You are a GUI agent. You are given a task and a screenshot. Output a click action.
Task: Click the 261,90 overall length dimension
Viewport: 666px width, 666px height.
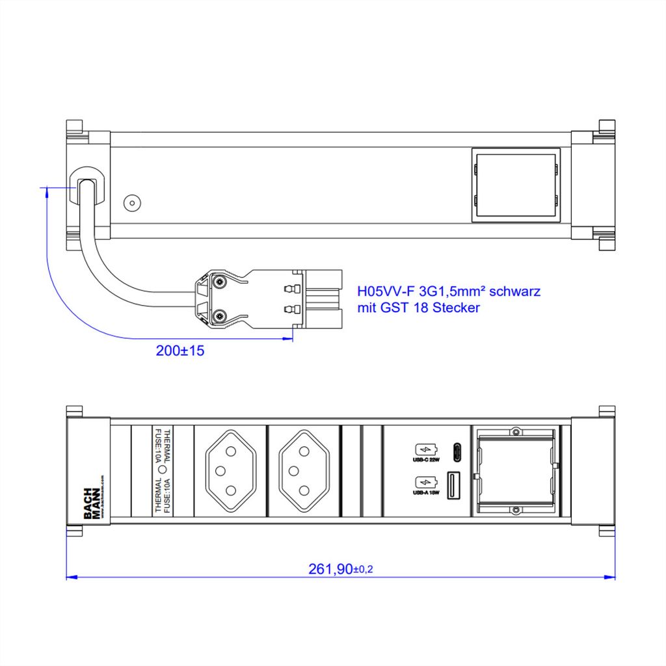pyautogui.click(x=340, y=569)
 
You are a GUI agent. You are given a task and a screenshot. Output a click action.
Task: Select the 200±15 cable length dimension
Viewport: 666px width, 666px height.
pyautogui.click(x=180, y=351)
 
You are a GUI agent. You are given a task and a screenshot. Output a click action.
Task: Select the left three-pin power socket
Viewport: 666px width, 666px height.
pyautogui.click(x=230, y=471)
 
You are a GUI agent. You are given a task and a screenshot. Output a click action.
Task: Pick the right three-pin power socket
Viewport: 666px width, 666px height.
pyautogui.click(x=303, y=471)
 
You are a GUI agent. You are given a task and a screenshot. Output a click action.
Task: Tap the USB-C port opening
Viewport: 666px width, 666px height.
pyautogui.click(x=456, y=450)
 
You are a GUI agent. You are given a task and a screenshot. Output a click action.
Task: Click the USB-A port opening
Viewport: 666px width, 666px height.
pyautogui.click(x=456, y=484)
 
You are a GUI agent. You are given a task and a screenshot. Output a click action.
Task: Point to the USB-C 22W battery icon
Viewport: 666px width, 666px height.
pyautogui.click(x=423, y=449)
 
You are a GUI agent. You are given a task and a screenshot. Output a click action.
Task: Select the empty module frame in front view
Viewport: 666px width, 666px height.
pyautogui.click(x=515, y=471)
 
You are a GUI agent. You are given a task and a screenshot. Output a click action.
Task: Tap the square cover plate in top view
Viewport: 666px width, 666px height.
pyautogui.click(x=515, y=185)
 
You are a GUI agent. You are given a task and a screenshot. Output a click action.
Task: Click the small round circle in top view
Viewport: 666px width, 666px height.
pyautogui.click(x=133, y=202)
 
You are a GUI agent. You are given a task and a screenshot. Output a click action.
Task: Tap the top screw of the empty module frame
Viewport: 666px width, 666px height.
pyautogui.click(x=515, y=431)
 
